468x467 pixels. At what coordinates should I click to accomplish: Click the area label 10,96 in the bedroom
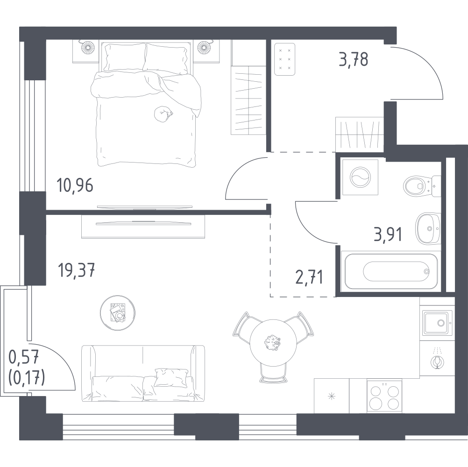[x=75, y=185]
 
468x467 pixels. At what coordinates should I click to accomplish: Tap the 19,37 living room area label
[x=76, y=271]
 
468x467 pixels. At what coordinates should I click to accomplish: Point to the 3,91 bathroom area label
[x=388, y=234]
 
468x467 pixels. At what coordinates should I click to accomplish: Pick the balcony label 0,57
[x=24, y=357]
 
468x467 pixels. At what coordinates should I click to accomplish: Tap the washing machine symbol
[x=360, y=177]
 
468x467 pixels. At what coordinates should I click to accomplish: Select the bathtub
[x=390, y=271]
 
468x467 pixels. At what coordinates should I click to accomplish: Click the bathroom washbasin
[x=428, y=228]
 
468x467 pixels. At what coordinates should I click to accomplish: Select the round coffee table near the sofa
[x=118, y=313]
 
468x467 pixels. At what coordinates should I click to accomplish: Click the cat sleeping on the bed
[x=163, y=113]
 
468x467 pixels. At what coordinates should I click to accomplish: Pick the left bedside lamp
[x=88, y=47]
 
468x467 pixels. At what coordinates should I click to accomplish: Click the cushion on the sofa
[x=171, y=377]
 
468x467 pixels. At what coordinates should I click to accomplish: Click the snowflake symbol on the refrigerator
[x=332, y=396]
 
